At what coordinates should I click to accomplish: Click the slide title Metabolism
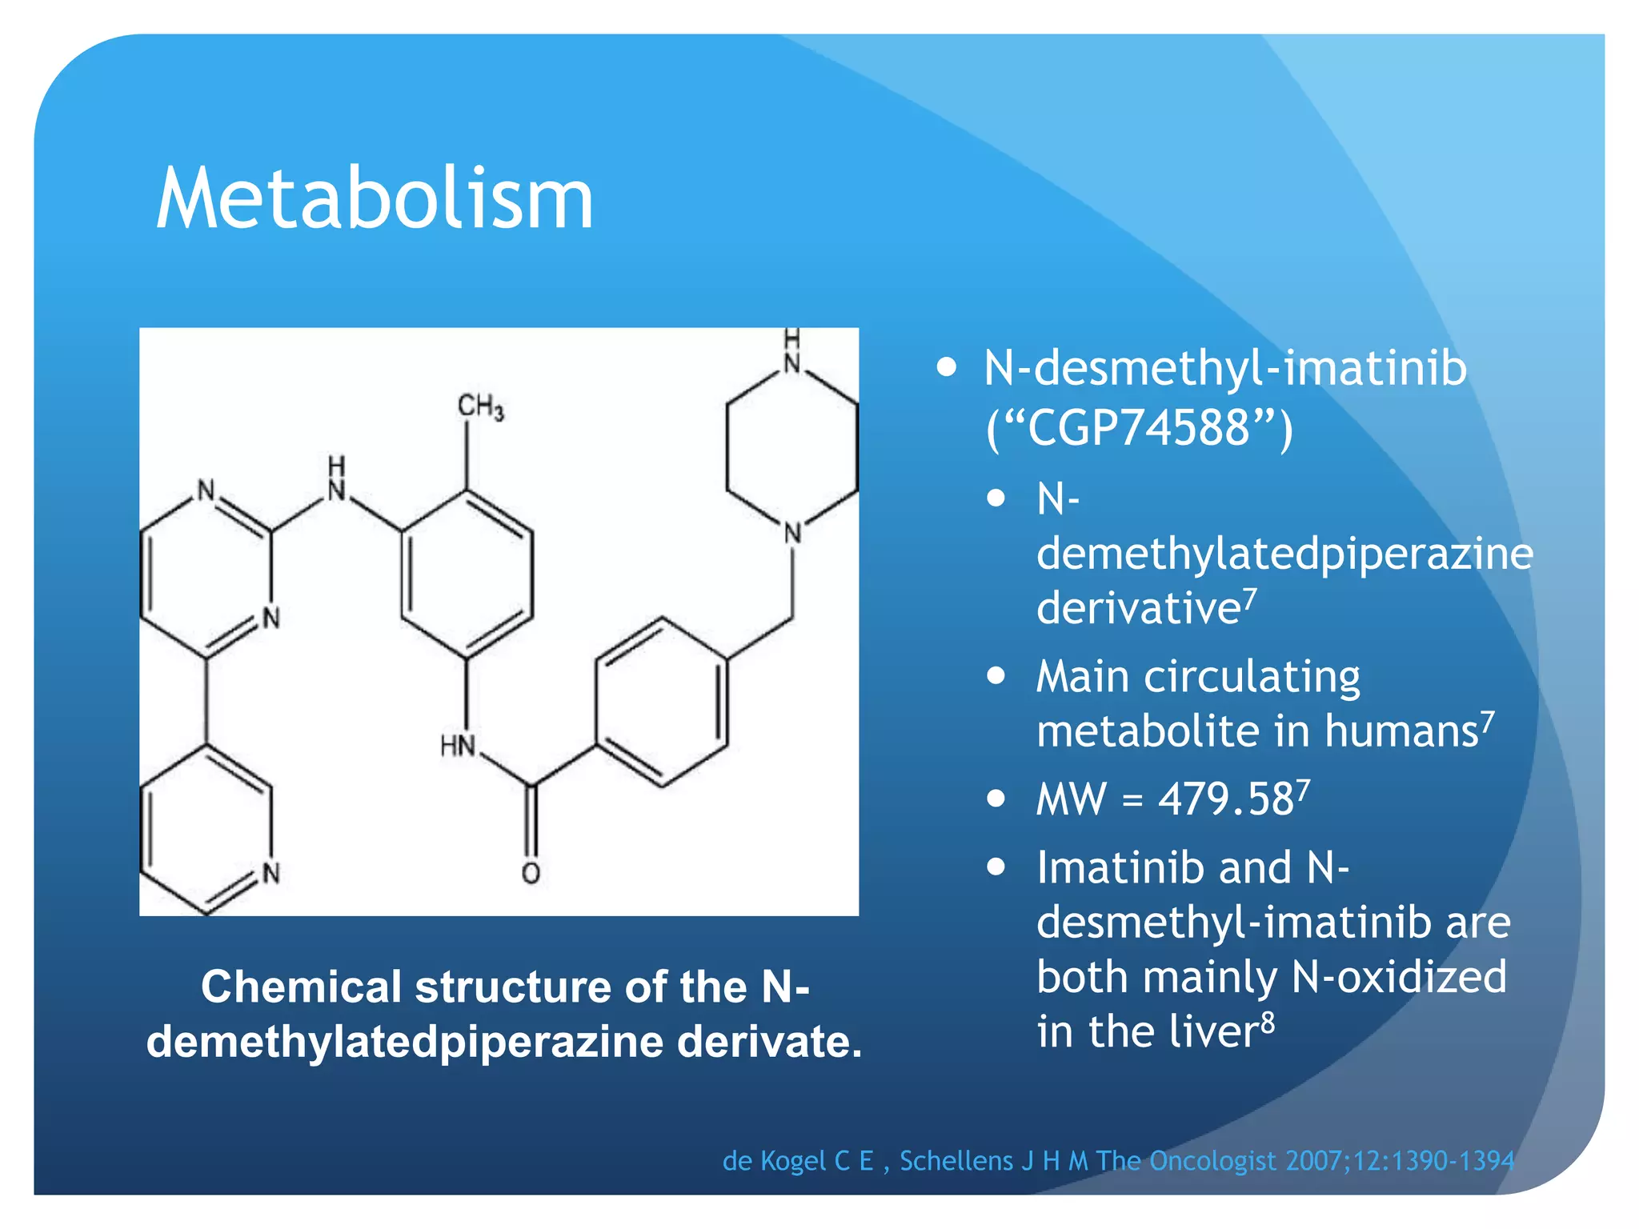click(375, 198)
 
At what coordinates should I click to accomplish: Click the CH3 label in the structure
click(480, 407)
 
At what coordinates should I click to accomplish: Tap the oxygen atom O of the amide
click(531, 873)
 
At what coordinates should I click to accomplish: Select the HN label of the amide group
click(458, 746)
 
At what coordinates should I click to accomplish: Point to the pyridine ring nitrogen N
click(271, 873)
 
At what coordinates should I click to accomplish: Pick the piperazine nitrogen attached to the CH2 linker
click(792, 533)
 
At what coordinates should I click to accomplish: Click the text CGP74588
click(1138, 427)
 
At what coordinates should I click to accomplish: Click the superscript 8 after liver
click(1268, 1022)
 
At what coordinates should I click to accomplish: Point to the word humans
click(1401, 731)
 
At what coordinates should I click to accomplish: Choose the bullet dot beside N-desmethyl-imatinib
click(947, 367)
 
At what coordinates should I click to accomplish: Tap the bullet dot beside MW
click(996, 799)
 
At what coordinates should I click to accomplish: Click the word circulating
click(1252, 677)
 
